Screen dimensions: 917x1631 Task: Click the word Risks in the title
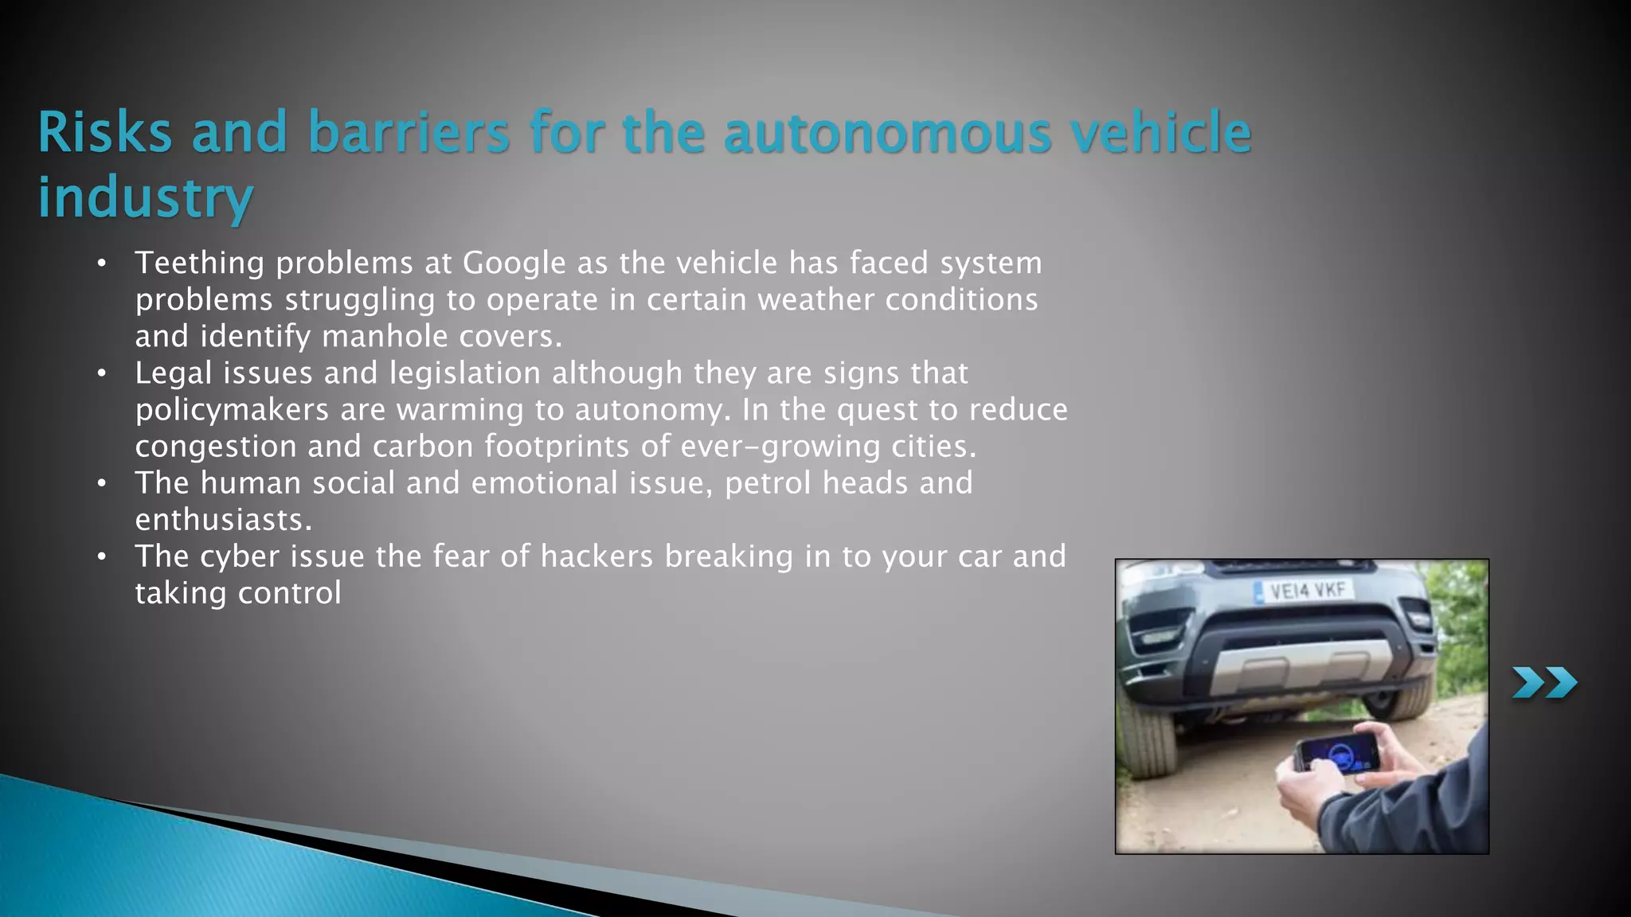point(104,132)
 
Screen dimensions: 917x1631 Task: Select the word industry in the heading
point(146,197)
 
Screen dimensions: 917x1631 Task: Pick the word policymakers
point(232,409)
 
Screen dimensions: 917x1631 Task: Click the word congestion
point(216,447)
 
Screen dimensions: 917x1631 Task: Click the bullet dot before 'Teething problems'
point(101,263)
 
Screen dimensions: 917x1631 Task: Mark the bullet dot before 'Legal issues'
point(101,373)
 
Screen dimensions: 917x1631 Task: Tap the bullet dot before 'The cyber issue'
point(101,556)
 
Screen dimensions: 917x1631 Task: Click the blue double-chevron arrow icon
point(1544,683)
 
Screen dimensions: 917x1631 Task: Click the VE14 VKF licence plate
point(1306,591)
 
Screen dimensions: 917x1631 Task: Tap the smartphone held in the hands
point(1337,754)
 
